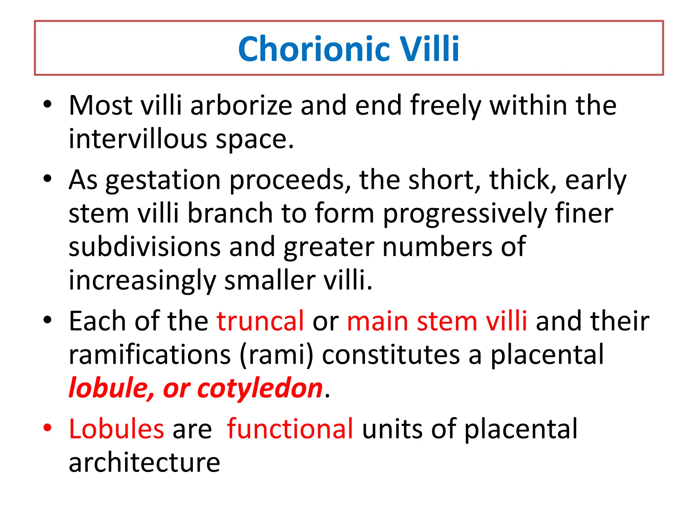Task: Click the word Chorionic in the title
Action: click(314, 49)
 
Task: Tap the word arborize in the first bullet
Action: click(241, 106)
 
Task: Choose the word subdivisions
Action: click(145, 247)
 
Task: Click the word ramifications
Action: click(150, 355)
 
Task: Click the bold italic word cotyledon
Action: click(260, 389)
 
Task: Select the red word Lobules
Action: click(116, 429)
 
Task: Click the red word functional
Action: click(290, 429)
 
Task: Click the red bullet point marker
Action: click(47, 428)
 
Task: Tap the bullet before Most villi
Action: click(47, 105)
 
